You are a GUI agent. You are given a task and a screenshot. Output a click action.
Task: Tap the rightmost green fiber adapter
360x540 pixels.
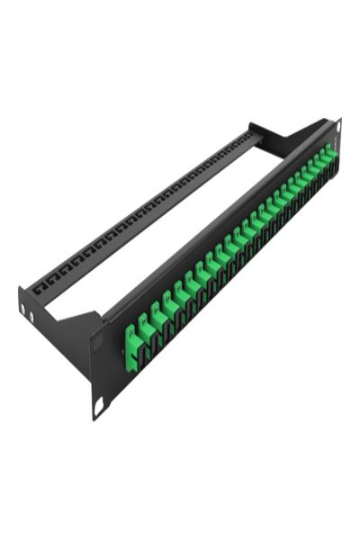(x=329, y=156)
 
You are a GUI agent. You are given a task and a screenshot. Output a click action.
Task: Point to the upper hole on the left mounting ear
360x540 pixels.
(x=96, y=343)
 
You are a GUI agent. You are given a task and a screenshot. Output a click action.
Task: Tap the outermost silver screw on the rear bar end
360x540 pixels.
(x=22, y=310)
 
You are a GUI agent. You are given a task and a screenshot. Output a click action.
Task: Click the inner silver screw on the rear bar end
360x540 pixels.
(x=31, y=316)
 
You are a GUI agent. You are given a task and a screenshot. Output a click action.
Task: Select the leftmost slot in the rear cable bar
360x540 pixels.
(x=38, y=290)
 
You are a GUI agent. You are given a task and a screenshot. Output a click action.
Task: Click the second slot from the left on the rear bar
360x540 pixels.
(x=49, y=281)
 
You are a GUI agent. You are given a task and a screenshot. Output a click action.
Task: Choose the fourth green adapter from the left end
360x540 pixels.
(x=167, y=312)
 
